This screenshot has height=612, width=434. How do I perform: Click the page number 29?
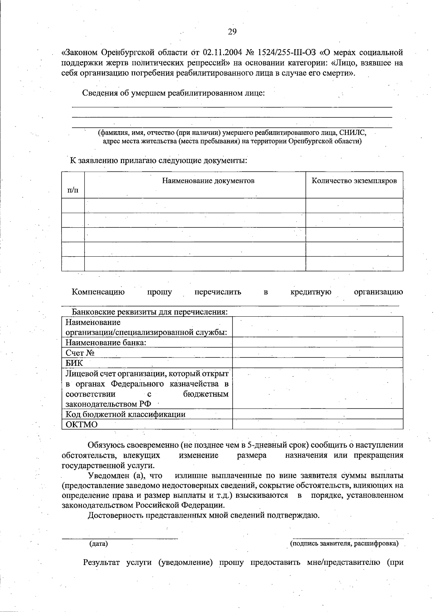click(232, 32)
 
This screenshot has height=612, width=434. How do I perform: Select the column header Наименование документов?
click(208, 181)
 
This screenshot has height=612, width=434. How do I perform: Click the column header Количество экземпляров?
click(354, 181)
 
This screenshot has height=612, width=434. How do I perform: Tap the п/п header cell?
click(73, 189)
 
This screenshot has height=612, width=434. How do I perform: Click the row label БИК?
click(74, 363)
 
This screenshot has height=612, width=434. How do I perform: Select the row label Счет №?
click(80, 353)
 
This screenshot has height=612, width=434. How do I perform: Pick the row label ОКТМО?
click(81, 424)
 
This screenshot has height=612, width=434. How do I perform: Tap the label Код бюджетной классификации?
click(125, 414)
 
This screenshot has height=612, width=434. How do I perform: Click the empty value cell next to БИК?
click(318, 363)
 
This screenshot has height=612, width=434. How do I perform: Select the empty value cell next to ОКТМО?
click(318, 424)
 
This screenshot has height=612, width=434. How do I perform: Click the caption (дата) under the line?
click(98, 543)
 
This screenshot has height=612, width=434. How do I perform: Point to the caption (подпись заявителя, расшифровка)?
click(344, 543)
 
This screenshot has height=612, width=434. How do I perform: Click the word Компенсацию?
click(98, 292)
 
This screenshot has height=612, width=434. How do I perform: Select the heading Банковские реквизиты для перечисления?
click(150, 312)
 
